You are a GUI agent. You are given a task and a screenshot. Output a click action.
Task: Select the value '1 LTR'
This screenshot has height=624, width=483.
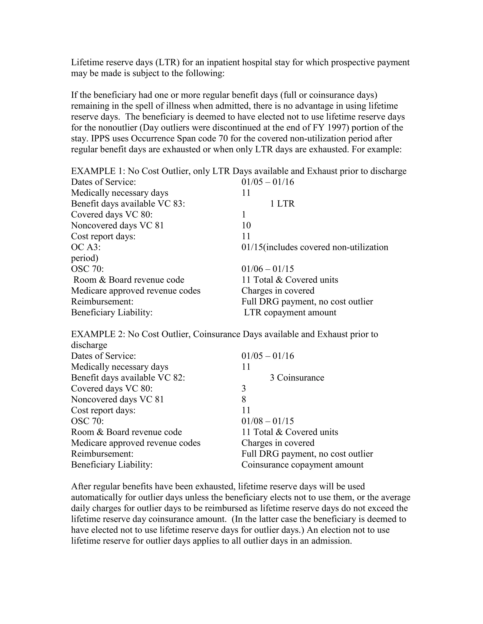(x=282, y=204)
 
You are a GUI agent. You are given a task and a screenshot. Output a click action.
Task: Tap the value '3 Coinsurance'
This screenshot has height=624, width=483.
(x=297, y=378)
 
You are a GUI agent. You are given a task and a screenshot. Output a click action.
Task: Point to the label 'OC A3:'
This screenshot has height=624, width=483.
(x=86, y=247)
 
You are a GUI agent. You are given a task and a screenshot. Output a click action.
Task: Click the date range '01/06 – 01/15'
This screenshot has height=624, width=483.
(x=267, y=269)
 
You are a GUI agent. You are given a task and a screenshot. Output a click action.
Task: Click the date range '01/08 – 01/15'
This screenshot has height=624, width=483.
(x=267, y=421)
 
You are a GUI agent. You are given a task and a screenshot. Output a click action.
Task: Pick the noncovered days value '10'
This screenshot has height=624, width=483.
(x=246, y=225)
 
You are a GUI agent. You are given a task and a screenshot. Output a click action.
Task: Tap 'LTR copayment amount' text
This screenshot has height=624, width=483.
(x=290, y=312)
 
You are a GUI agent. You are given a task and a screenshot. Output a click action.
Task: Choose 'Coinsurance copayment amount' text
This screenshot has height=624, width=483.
(x=302, y=465)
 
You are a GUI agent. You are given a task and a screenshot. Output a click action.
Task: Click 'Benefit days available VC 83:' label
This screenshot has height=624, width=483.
(x=128, y=204)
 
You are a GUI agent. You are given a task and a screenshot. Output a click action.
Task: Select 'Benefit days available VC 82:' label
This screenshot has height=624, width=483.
(x=128, y=378)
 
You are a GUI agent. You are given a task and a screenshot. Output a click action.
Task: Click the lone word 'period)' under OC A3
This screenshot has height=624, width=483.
(x=84, y=258)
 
